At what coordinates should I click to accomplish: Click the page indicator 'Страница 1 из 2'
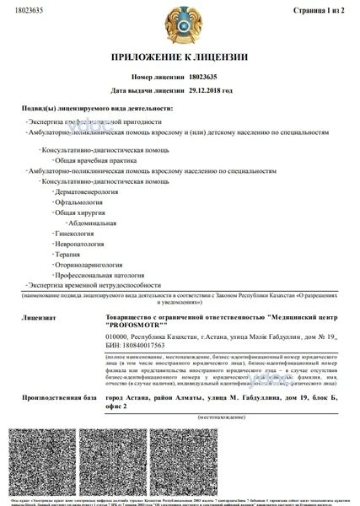[320, 10]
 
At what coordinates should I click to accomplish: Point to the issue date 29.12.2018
[210, 89]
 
